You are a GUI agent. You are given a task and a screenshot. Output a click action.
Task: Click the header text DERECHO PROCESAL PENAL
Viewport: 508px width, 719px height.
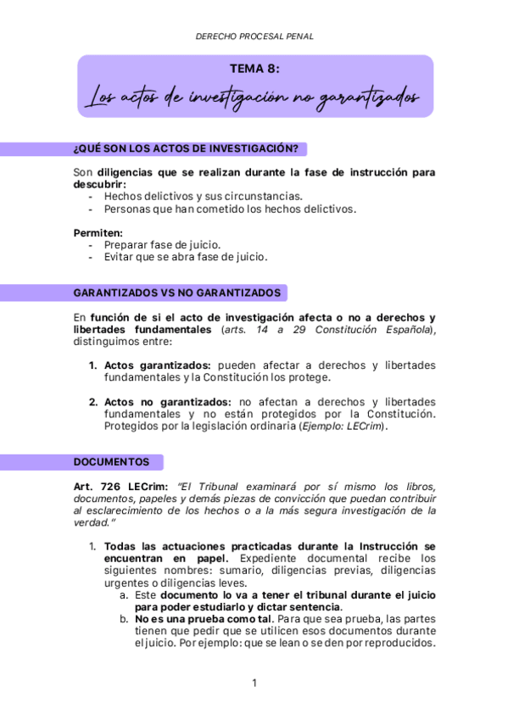coord(254,36)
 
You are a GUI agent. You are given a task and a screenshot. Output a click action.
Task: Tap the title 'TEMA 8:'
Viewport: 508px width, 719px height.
coord(254,70)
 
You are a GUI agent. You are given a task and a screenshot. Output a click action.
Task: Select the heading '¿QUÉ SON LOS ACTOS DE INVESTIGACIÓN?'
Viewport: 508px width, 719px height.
coord(186,149)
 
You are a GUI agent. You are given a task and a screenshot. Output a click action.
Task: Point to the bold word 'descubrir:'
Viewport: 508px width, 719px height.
coord(100,184)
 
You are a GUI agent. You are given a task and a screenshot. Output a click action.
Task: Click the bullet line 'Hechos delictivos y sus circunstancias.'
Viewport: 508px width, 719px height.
coord(203,196)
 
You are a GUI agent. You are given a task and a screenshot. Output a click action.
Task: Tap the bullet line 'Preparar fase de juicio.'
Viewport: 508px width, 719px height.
coord(162,244)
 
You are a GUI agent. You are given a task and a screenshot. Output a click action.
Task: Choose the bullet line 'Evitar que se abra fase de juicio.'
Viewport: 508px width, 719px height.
coord(185,256)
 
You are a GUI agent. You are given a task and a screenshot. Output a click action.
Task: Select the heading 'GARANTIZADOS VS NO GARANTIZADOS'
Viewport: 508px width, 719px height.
coord(176,293)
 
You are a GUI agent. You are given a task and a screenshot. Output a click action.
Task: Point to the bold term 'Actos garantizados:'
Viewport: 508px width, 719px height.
coord(157,365)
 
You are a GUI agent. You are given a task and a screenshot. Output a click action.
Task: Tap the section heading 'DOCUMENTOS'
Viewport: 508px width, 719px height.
coord(111,462)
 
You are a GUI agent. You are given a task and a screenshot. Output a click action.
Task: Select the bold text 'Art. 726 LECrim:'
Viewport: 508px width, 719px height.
coord(120,487)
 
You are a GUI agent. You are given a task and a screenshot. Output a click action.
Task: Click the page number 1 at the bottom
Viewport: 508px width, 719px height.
coord(254,683)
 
